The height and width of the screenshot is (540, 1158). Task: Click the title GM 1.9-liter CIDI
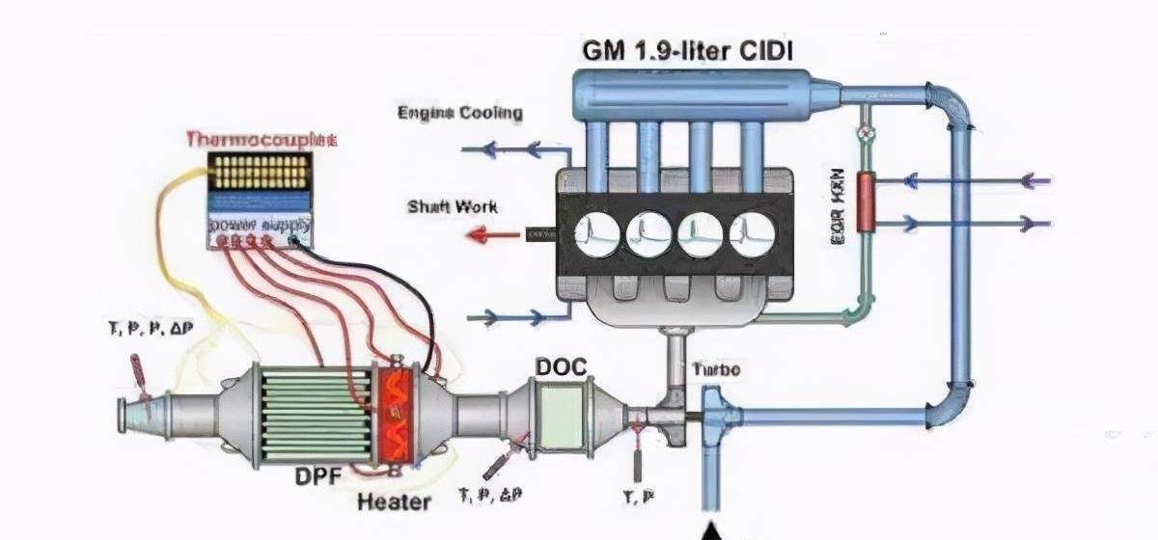(687, 49)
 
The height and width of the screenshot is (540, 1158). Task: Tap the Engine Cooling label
(460, 113)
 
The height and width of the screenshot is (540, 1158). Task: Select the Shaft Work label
(452, 206)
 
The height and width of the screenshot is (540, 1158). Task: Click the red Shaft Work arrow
(492, 233)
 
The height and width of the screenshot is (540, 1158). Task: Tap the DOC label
(561, 367)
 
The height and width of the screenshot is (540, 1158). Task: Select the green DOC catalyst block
(561, 412)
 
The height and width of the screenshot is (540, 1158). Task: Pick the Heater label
(394, 501)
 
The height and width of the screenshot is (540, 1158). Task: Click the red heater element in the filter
(395, 416)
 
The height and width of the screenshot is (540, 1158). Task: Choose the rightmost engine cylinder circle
(752, 233)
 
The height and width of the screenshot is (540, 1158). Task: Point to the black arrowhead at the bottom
(712, 531)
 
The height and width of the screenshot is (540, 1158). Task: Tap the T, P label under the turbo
(637, 496)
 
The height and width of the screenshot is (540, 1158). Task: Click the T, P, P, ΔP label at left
(150, 329)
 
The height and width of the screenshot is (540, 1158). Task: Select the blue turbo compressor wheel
(715, 417)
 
